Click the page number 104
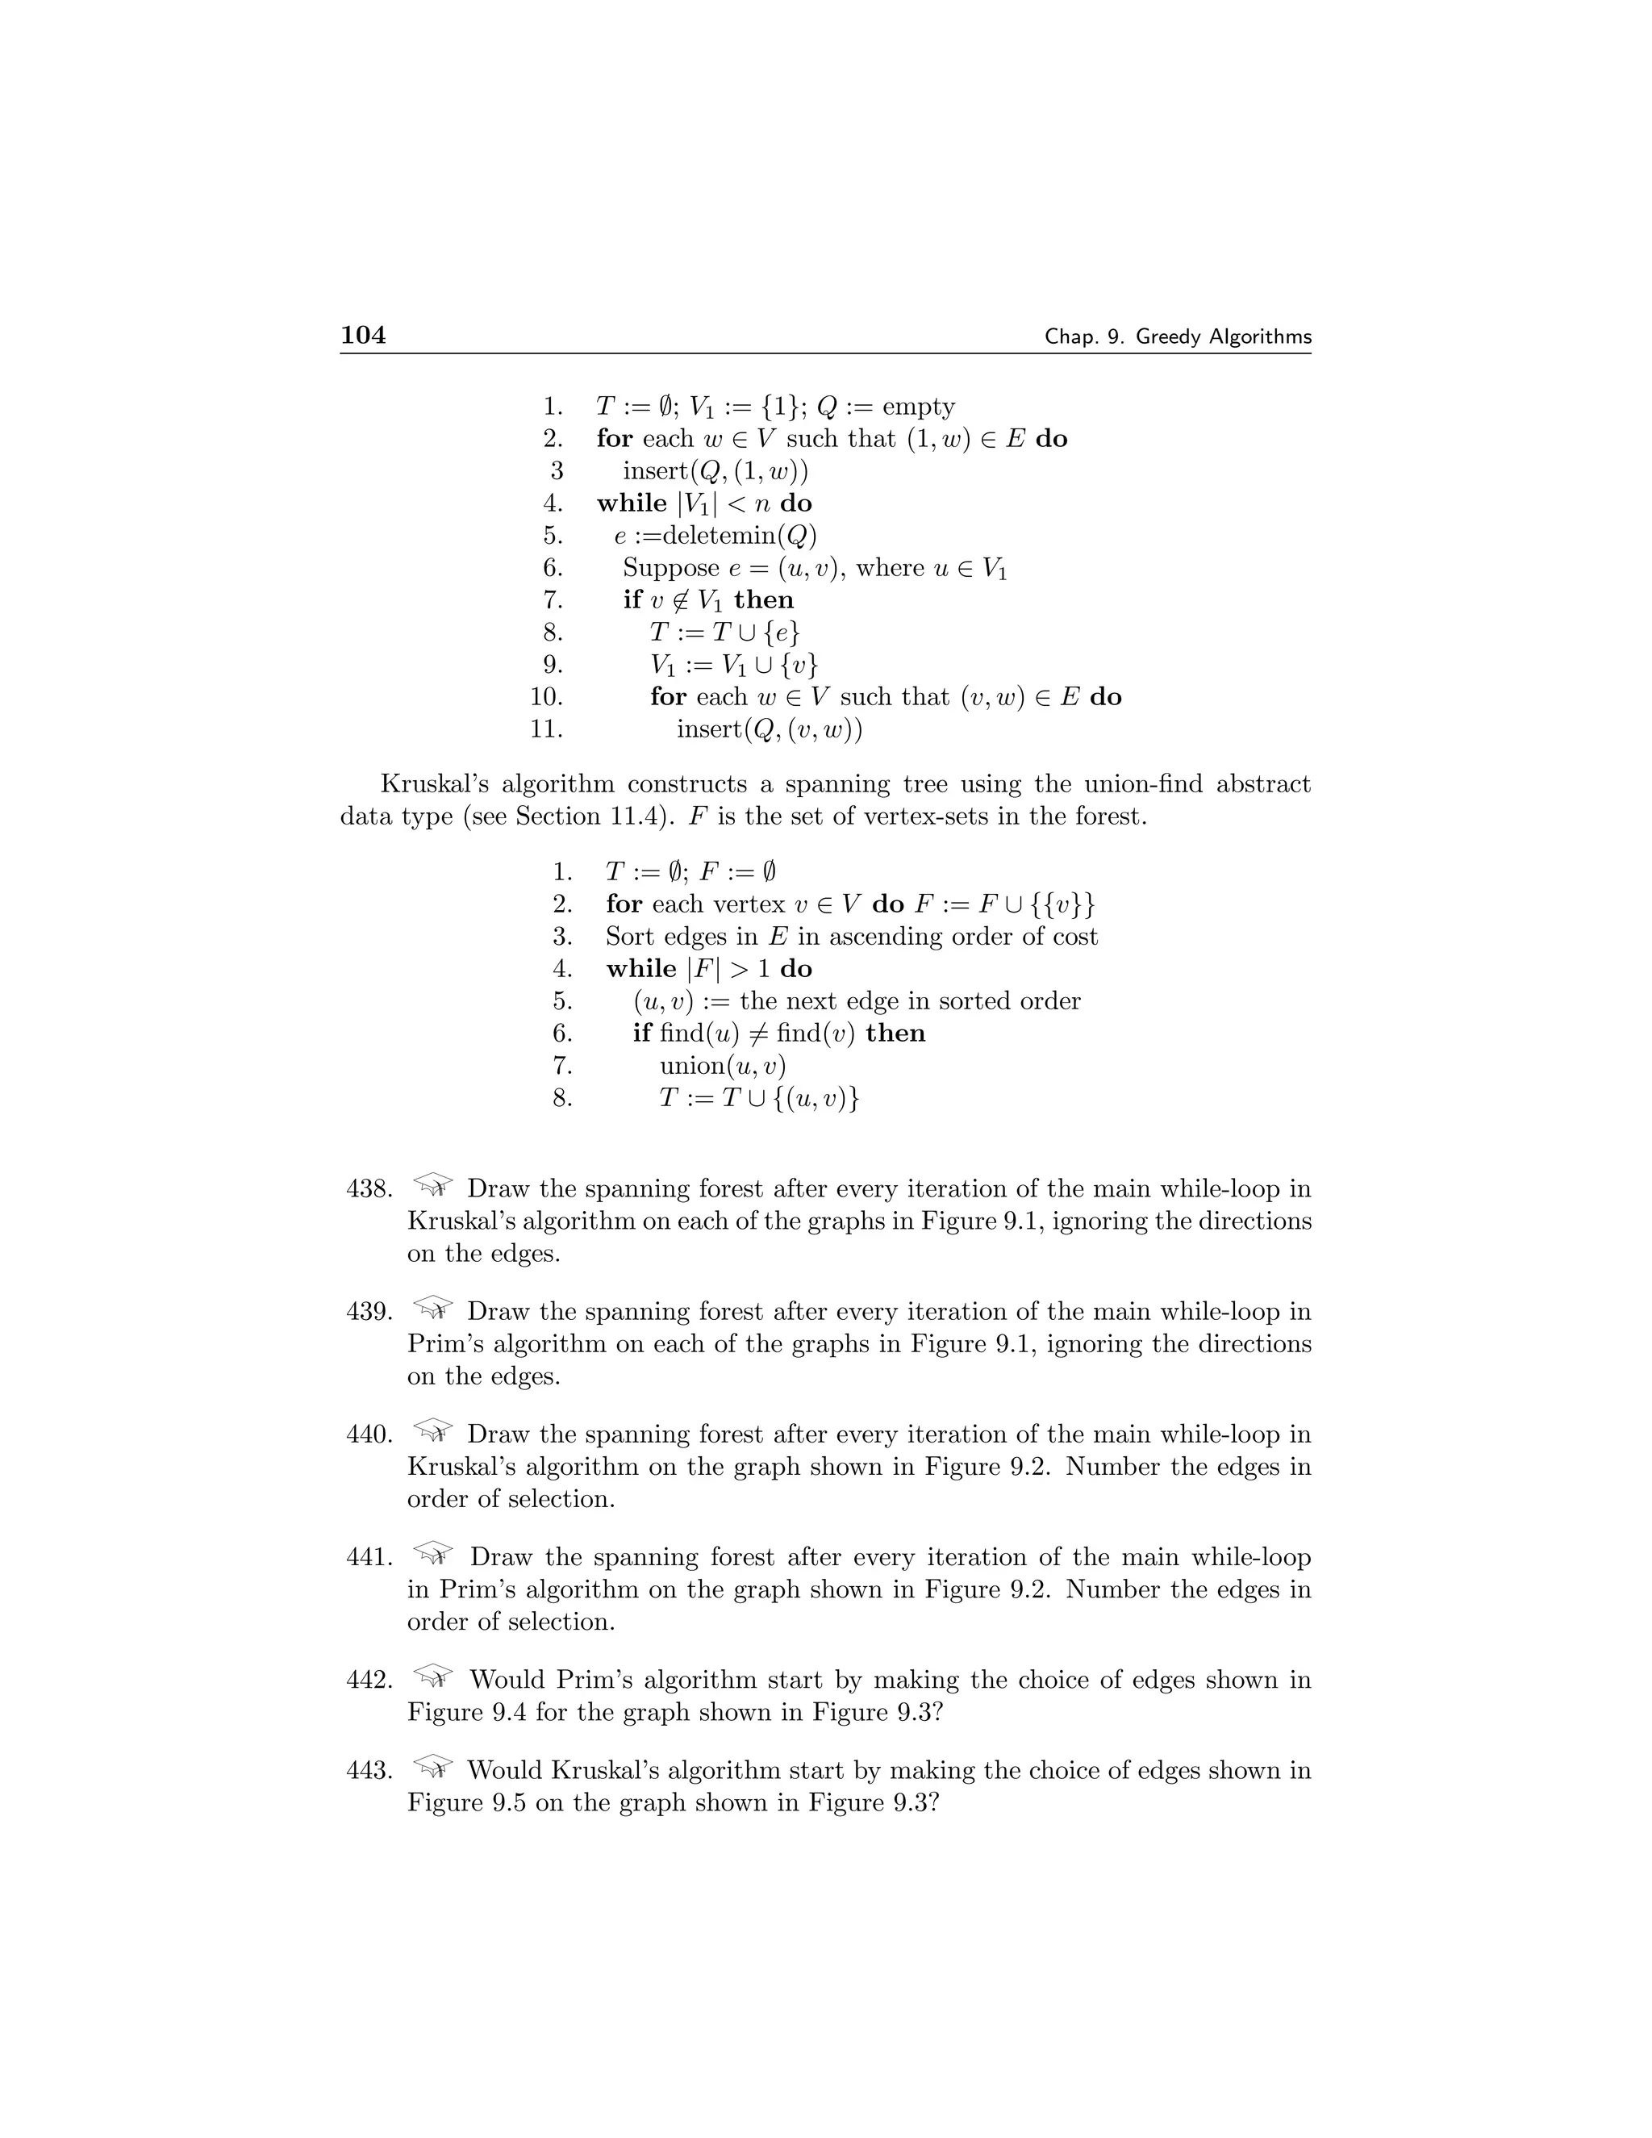coord(363,336)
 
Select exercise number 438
coord(369,1189)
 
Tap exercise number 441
coord(369,1557)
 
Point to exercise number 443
coord(369,1771)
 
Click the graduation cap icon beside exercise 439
coord(432,1308)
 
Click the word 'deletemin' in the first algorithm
coord(715,536)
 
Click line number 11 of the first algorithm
coord(545,729)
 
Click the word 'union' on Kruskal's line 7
coord(693,1066)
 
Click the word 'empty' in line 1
coord(918,407)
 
